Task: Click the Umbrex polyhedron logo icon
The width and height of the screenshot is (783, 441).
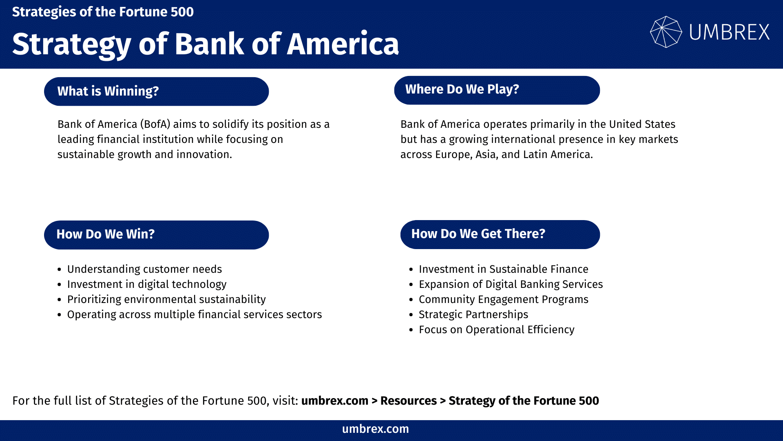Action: pyautogui.click(x=666, y=32)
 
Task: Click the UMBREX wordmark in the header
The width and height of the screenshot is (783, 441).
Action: pyautogui.click(x=729, y=32)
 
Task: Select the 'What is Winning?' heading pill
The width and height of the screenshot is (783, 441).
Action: pyautogui.click(x=156, y=91)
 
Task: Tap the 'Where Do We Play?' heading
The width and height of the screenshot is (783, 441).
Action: pyautogui.click(x=497, y=90)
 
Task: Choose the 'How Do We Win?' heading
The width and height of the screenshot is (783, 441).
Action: pyautogui.click(x=156, y=235)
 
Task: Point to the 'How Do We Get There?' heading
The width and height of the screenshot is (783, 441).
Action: pyautogui.click(x=500, y=234)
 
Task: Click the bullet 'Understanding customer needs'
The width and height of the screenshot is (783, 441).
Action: pyautogui.click(x=144, y=269)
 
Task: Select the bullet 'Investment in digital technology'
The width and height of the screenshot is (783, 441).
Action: pyautogui.click(x=147, y=284)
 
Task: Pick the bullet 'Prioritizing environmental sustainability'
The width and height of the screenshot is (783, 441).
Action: pyautogui.click(x=166, y=299)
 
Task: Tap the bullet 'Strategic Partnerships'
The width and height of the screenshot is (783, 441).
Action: pyautogui.click(x=473, y=314)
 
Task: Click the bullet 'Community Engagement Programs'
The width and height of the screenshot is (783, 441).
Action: pyautogui.click(x=503, y=299)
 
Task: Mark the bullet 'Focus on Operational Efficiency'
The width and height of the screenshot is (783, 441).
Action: pyautogui.click(x=496, y=330)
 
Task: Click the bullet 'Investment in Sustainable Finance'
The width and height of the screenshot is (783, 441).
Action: pyautogui.click(x=503, y=269)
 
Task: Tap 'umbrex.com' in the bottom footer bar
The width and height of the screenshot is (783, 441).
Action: pyautogui.click(x=375, y=429)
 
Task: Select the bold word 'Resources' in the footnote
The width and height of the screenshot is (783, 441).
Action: pyautogui.click(x=408, y=401)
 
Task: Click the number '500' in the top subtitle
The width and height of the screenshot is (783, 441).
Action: pyautogui.click(x=182, y=12)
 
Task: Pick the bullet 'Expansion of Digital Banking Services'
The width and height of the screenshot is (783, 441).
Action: pyautogui.click(x=511, y=284)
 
